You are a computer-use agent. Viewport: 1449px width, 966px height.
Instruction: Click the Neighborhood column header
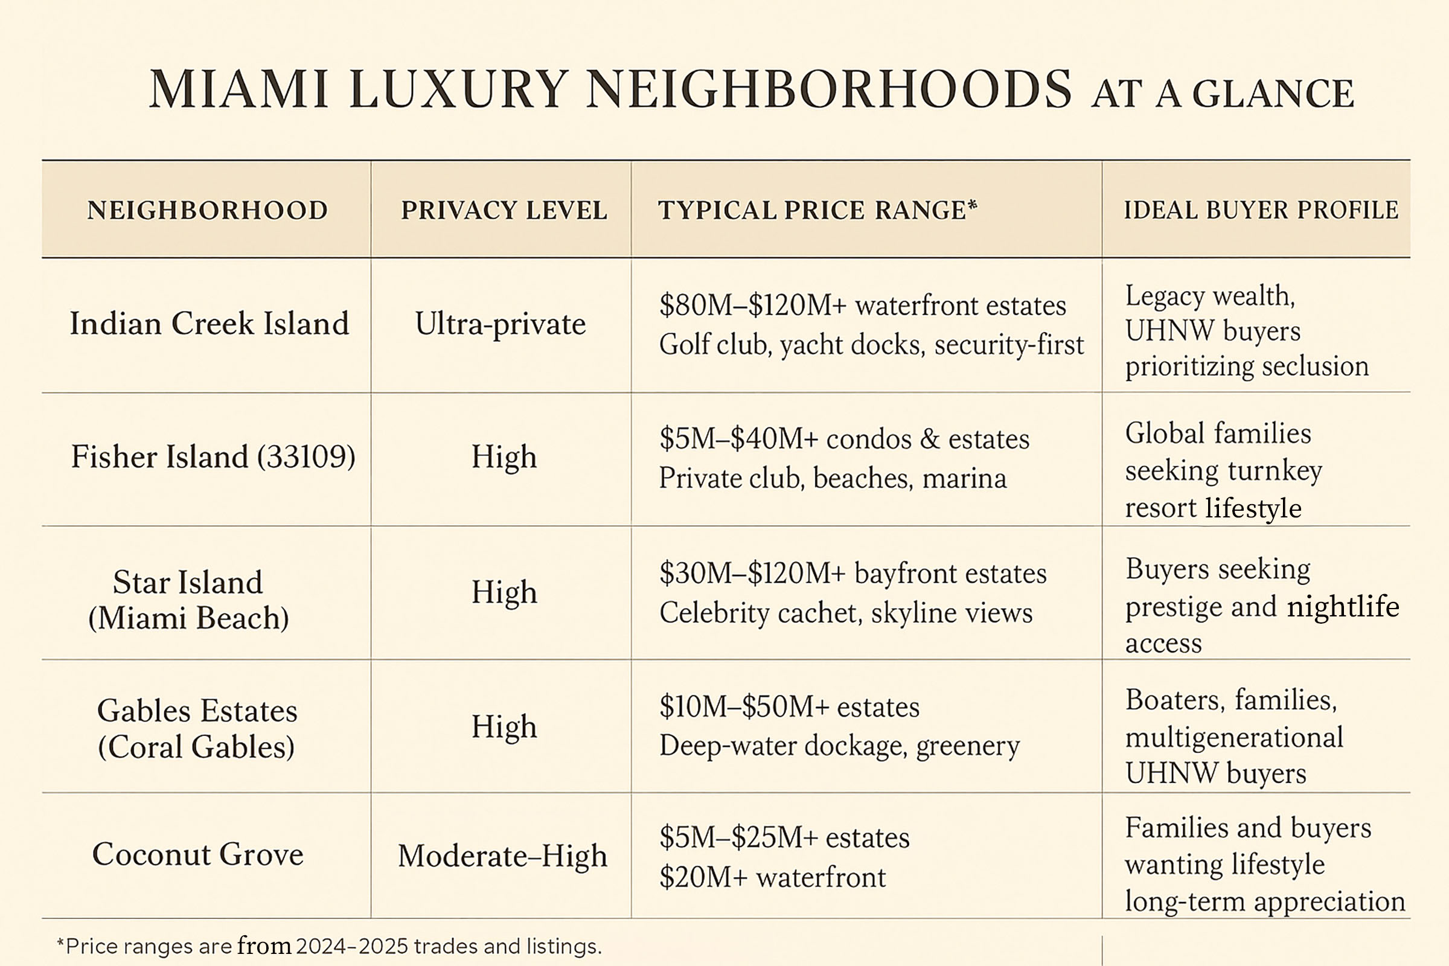pyautogui.click(x=207, y=211)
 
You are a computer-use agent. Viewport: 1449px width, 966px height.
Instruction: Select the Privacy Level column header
pyautogui.click(x=504, y=211)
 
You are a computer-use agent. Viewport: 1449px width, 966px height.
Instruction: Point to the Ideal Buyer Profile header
pyautogui.click(x=1261, y=210)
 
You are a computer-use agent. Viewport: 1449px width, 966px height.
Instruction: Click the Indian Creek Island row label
pyautogui.click(x=209, y=324)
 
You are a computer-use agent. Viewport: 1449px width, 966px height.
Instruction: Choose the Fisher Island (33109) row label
pyautogui.click(x=213, y=457)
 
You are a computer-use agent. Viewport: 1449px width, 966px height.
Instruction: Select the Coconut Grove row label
pyautogui.click(x=198, y=854)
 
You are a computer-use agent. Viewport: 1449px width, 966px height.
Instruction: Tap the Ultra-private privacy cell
pyautogui.click(x=501, y=324)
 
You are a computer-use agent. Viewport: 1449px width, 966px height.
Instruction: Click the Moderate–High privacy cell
pyautogui.click(x=502, y=856)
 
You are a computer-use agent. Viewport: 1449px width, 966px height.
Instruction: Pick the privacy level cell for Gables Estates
pyautogui.click(x=504, y=726)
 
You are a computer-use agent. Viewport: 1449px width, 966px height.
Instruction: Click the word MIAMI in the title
pyautogui.click(x=238, y=91)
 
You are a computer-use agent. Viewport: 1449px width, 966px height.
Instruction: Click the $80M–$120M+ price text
pyautogui.click(x=753, y=305)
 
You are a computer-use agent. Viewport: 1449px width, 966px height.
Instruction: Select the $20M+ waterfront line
pyautogui.click(x=772, y=877)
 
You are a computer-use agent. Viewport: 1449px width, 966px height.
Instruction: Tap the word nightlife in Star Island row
pyautogui.click(x=1343, y=607)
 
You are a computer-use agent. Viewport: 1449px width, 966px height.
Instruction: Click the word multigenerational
pyautogui.click(x=1234, y=737)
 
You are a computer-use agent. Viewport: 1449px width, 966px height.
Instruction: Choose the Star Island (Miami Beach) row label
pyautogui.click(x=188, y=600)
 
